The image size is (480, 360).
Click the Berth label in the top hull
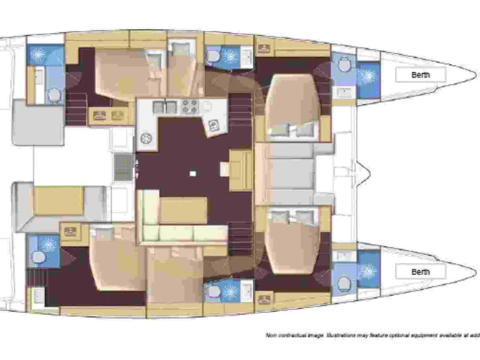pos(421,75)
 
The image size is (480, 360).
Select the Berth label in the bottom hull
pos(421,272)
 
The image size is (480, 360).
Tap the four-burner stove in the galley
pos(189,107)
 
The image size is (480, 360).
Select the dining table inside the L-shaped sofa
pos(184,210)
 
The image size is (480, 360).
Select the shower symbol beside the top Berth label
pos(367,76)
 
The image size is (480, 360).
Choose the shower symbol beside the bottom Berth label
pos(367,271)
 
